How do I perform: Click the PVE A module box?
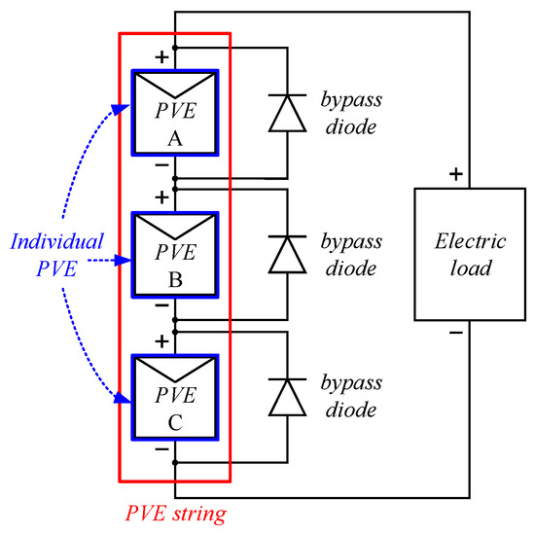[175, 114]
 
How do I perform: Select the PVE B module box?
[175, 255]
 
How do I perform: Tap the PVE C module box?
[175, 397]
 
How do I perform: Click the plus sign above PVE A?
[161, 56]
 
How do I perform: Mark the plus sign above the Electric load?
[453, 176]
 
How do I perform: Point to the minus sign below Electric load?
[453, 334]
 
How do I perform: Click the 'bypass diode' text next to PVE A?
[348, 114]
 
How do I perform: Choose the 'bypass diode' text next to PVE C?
[348, 397]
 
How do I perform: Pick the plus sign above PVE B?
[161, 198]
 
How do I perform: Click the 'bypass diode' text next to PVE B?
[348, 255]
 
